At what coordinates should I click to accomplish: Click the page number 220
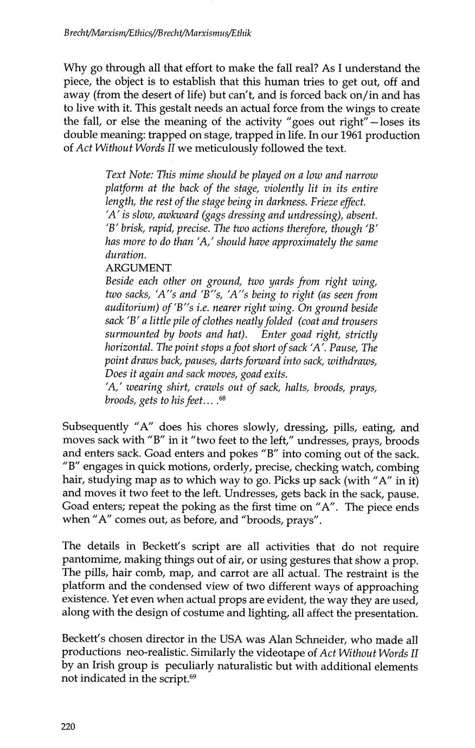[71, 727]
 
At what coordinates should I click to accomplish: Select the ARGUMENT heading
[138, 268]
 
